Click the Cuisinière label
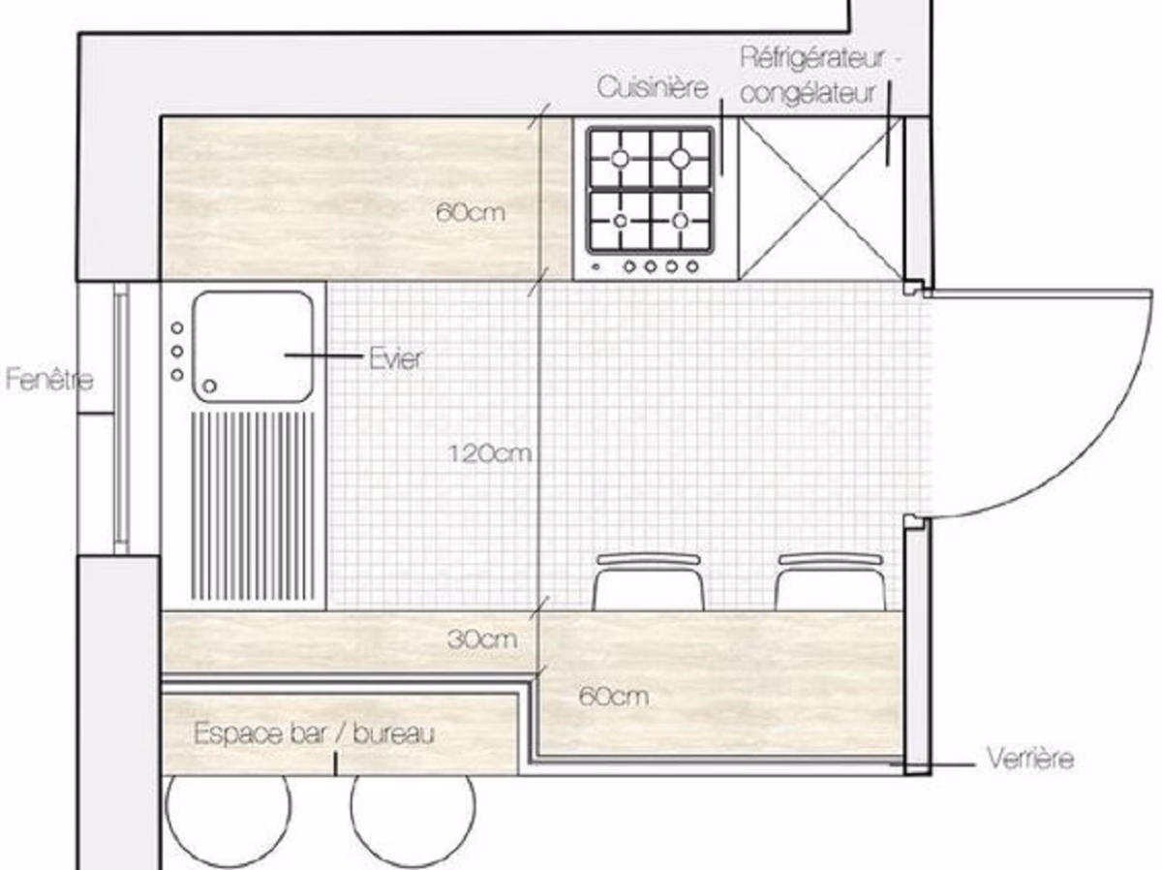655,88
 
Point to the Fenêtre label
49,379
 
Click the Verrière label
1029,758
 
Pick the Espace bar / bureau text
314,733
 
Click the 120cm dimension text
490,452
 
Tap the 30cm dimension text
482,639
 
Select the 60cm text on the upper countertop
471,212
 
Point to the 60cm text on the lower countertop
612,696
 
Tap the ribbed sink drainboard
255,506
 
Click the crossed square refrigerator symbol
821,199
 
